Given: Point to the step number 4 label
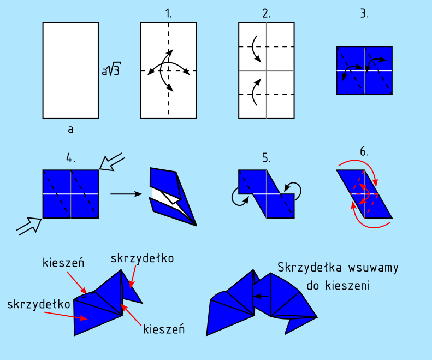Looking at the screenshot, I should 70,158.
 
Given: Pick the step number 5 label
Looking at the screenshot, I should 267,158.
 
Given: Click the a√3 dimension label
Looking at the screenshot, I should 111,70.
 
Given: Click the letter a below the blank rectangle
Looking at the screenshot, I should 71,129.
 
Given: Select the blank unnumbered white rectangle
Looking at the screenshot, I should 70,70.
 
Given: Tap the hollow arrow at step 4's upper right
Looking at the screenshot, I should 112,161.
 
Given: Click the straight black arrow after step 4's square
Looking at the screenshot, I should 127,193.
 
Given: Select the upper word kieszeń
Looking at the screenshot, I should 63,263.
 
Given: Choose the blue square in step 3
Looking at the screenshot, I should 364,70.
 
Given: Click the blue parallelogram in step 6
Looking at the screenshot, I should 364,194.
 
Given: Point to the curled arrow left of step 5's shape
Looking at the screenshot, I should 238,197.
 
